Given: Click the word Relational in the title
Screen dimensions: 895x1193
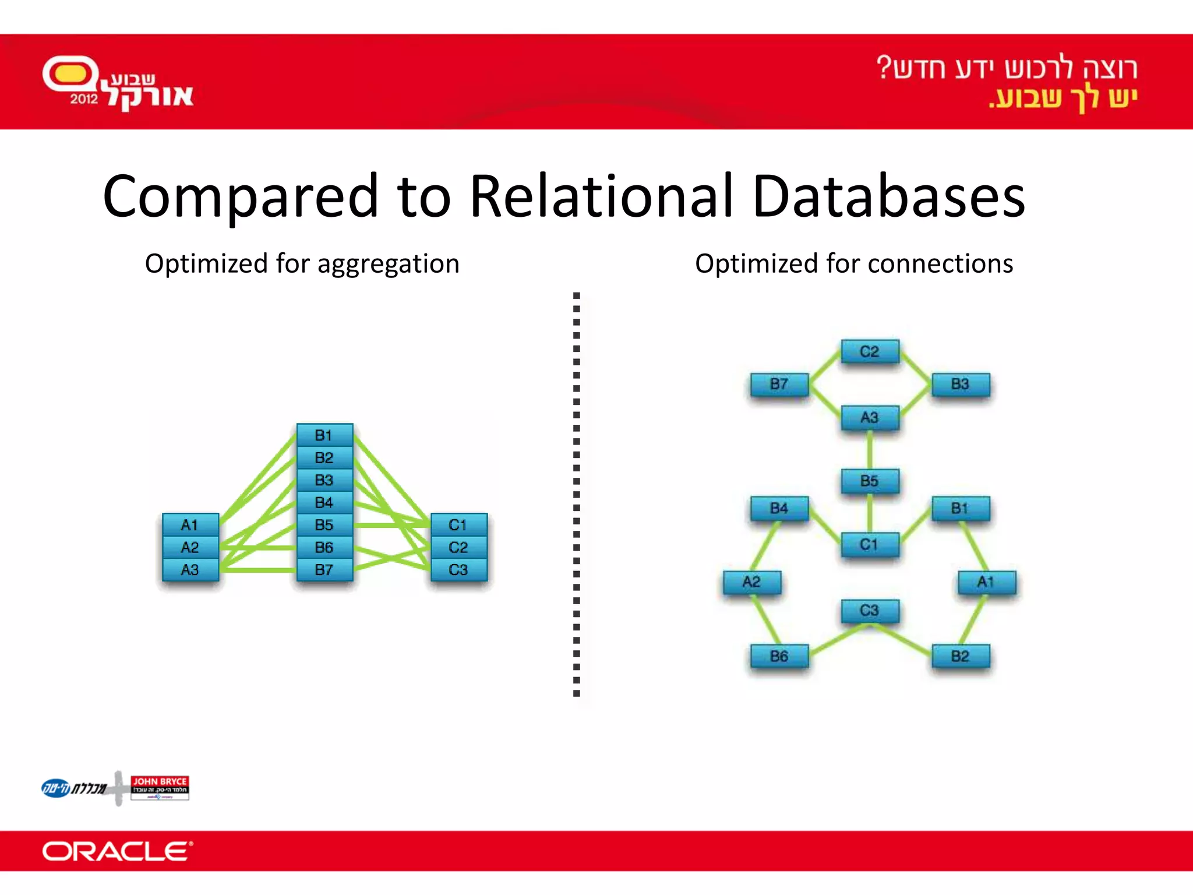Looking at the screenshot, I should coord(600,196).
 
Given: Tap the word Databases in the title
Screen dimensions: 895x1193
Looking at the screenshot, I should coord(888,196).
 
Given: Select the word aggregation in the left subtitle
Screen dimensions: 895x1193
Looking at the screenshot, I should coord(389,265).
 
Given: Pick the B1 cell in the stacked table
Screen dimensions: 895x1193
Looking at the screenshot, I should coord(324,435).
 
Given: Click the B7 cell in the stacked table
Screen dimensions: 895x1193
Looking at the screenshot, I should coord(324,569).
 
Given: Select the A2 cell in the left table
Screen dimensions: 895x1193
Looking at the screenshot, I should coord(190,547).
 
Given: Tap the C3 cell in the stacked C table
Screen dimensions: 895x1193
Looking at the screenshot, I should coord(458,569).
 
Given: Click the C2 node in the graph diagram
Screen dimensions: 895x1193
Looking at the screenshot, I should coord(870,351).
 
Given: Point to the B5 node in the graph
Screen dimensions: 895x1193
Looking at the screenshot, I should coord(870,481).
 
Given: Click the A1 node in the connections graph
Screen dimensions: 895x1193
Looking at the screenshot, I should coord(986,582).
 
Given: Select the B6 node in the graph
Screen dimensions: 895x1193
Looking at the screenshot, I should coord(779,656).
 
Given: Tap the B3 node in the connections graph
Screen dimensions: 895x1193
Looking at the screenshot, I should coord(960,384).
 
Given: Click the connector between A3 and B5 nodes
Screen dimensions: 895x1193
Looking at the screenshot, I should coord(870,450).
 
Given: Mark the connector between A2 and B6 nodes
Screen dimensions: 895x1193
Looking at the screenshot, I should coord(766,619).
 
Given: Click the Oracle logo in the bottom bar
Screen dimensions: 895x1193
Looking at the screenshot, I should coord(117,851).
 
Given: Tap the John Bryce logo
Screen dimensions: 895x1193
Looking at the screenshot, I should coord(160,788).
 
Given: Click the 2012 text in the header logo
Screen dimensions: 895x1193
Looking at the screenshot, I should coord(84,99).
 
